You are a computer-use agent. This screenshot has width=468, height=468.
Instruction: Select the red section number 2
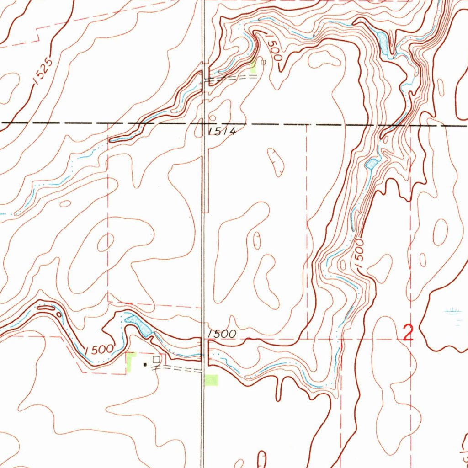tap(408, 333)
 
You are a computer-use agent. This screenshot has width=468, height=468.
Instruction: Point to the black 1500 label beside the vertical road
tap(222, 334)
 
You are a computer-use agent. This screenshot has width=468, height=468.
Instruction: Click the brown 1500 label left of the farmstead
tap(99, 350)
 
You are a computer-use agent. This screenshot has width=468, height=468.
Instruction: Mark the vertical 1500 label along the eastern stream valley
tap(360, 254)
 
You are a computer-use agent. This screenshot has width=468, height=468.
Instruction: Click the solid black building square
tap(145, 365)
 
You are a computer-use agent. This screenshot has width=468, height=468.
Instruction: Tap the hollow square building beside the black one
tap(157, 360)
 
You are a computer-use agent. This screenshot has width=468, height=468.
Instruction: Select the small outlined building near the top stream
tap(263, 62)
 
